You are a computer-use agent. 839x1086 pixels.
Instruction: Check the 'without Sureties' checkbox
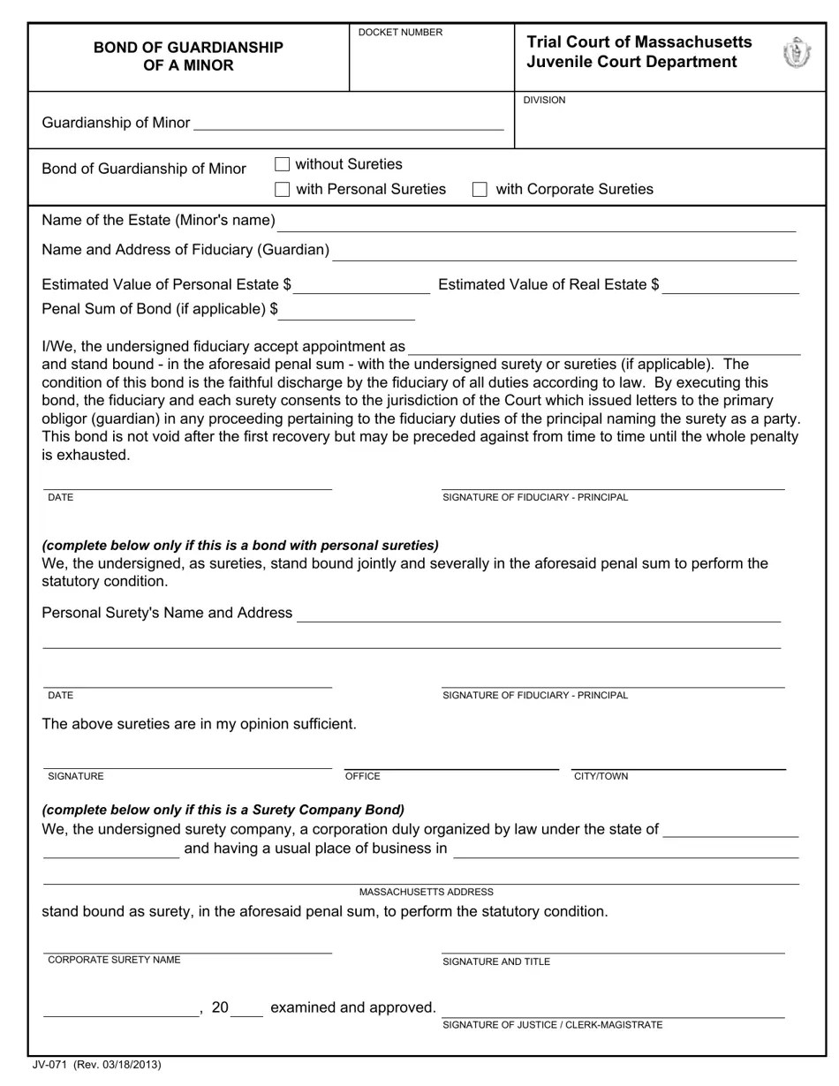pos(283,164)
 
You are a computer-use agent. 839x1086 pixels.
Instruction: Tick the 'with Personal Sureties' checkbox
pos(283,189)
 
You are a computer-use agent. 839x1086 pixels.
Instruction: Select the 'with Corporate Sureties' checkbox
pos(480,189)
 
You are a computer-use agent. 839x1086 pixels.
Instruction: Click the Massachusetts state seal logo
pos(797,53)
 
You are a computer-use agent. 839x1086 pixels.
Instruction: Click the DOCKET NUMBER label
pos(400,33)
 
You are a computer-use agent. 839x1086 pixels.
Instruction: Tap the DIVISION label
pos(544,101)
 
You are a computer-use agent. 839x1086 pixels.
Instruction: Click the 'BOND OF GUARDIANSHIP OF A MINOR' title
pos(188,57)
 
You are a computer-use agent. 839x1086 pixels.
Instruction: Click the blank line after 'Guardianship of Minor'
pos(348,123)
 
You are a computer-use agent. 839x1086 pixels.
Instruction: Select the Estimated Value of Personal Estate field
pos(362,284)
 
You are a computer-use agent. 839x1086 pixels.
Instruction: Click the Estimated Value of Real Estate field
pos(730,284)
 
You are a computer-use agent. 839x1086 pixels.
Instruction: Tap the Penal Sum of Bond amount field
pos(348,310)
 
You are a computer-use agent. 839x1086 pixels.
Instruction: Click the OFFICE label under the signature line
pos(362,776)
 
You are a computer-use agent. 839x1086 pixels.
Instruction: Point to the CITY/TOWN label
pos(601,776)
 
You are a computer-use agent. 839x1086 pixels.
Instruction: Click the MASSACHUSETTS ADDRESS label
pos(427,892)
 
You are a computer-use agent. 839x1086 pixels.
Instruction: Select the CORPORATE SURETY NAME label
pos(114,960)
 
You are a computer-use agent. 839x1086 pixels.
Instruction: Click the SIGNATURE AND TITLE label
pos(496,962)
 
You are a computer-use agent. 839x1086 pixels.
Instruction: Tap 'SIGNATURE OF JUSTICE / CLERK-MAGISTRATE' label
pos(552,1025)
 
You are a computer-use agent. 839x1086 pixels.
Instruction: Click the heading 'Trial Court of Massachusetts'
pos(639,42)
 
